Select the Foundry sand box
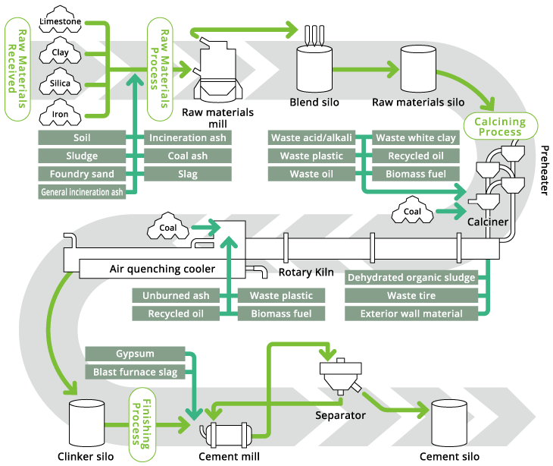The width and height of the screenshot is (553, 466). click(x=82, y=174)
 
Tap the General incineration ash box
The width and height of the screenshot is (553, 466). click(x=82, y=192)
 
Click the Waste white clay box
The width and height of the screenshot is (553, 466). click(x=416, y=137)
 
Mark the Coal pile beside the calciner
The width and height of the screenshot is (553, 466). click(x=413, y=212)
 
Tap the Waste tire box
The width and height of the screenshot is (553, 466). click(x=411, y=295)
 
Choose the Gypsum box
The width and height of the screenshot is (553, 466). click(x=136, y=354)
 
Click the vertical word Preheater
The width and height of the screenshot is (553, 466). click(x=543, y=170)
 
